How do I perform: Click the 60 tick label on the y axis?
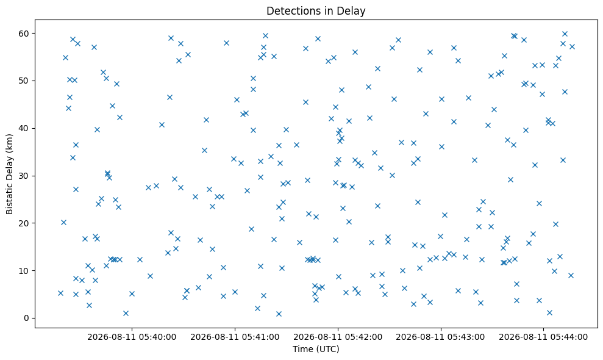coord(24,34)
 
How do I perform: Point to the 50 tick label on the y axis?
coord(24,81)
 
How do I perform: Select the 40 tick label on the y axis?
coord(24,128)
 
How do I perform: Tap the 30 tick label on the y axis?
coord(24,176)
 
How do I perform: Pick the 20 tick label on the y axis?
coord(24,223)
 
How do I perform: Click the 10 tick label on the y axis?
coord(24,271)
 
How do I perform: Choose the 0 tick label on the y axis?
coord(27,318)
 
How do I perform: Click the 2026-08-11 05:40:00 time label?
coord(132,337)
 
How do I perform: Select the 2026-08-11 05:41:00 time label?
coord(235,337)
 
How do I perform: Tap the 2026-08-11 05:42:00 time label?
coord(338,337)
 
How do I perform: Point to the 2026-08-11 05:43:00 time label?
coord(441,337)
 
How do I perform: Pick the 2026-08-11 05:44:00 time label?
coord(543,337)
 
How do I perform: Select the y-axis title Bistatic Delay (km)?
coord(10,174)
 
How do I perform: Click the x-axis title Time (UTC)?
coord(316,349)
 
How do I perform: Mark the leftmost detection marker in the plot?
coord(60,293)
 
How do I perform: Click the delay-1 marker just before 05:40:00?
coord(126,314)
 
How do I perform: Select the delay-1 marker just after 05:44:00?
coord(549,312)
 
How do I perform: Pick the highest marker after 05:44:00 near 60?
coord(565,34)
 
